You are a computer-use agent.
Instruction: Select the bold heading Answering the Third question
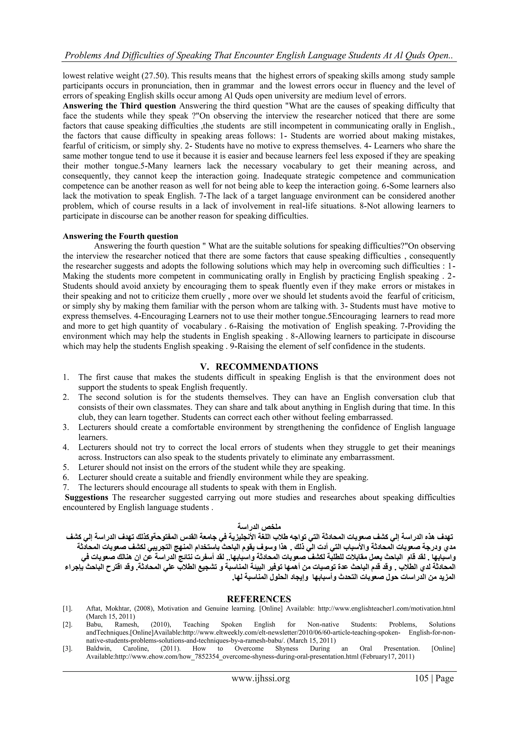point(119,106)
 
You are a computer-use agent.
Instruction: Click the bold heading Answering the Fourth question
point(120,236)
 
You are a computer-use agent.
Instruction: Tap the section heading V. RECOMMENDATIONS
point(259,366)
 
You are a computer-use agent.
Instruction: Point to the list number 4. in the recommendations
point(66,447)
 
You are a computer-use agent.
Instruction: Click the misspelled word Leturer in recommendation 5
point(91,467)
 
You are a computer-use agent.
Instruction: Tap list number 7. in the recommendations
point(66,487)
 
